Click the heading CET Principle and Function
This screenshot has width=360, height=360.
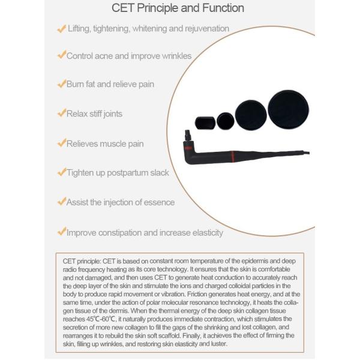[x=178, y=8]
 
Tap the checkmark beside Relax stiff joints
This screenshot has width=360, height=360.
[x=62, y=113]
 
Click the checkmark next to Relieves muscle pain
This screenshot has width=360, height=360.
[x=62, y=143]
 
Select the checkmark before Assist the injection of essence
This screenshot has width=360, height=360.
[x=62, y=201]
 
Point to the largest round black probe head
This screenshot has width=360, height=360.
[x=289, y=109]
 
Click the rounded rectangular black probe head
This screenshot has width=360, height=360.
[x=205, y=123]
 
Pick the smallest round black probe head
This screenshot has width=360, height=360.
[x=226, y=121]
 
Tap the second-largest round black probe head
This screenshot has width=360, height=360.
[x=251, y=115]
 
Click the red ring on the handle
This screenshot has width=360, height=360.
[x=233, y=157]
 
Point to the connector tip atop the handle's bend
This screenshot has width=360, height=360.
[x=188, y=135]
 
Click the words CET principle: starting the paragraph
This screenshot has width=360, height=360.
[x=82, y=261]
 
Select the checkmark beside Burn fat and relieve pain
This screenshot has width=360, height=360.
[x=62, y=83]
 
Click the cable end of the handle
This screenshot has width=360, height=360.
[x=307, y=152]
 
